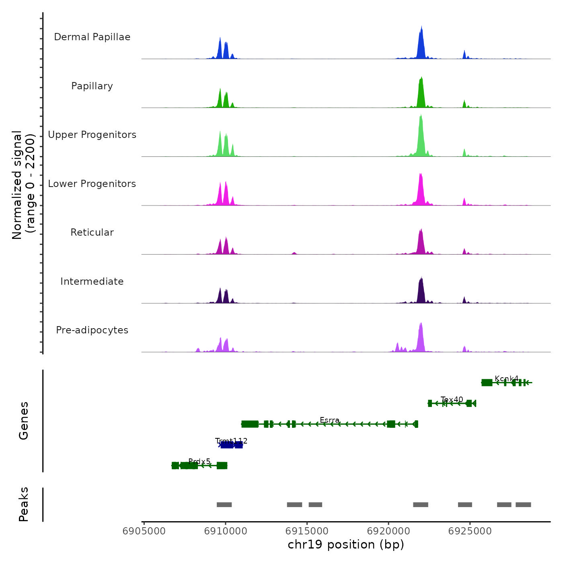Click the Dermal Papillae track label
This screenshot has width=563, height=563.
click(x=92, y=37)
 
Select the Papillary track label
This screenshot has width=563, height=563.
click(x=92, y=86)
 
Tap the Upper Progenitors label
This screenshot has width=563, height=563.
click(x=92, y=135)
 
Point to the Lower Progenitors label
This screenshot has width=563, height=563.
click(x=92, y=184)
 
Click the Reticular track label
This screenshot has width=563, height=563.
click(x=92, y=232)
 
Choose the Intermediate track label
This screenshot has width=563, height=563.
click(x=92, y=281)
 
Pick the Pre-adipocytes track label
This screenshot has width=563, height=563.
click(x=92, y=330)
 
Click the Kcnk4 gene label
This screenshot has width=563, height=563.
click(x=506, y=379)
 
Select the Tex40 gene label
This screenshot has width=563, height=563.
click(x=452, y=400)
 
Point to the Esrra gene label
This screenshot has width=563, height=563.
click(x=329, y=420)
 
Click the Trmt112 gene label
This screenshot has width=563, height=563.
click(x=231, y=441)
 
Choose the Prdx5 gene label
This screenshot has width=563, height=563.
click(x=199, y=462)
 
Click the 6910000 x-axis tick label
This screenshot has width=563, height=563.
click(x=225, y=531)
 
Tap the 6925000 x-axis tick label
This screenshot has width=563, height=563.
click(x=470, y=531)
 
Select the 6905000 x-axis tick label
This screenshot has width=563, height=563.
click(x=144, y=531)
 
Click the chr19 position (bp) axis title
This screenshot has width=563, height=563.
click(x=346, y=545)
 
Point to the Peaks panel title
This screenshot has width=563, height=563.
click(x=24, y=504)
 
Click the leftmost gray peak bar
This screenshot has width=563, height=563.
click(x=224, y=505)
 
